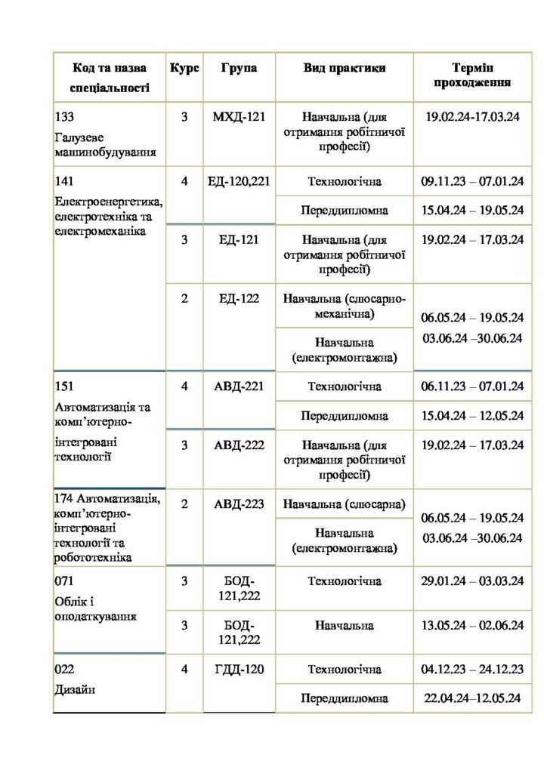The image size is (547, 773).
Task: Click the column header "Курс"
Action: [184, 69]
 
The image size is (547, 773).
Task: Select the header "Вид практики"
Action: [345, 69]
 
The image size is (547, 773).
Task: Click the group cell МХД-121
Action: [239, 118]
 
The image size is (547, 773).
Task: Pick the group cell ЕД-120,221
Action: [239, 182]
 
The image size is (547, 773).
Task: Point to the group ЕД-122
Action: [239, 299]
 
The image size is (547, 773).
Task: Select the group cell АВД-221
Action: [239, 387]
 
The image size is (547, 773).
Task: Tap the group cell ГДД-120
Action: [239, 670]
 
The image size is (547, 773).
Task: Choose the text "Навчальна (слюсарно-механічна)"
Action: [345, 306]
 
